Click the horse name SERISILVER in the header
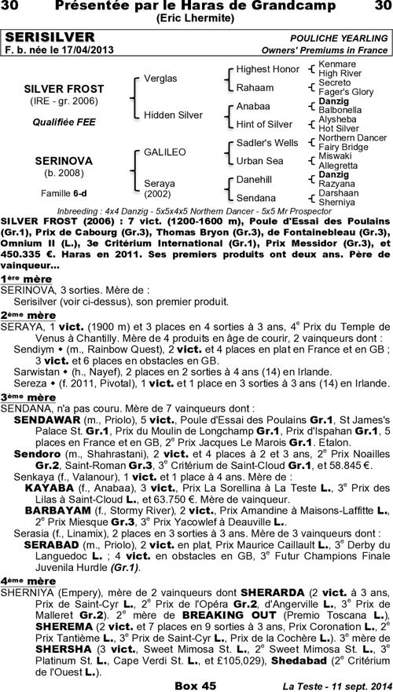point(50,37)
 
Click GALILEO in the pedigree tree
point(164,152)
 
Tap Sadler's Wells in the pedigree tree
point(267,143)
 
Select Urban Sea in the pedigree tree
point(260,161)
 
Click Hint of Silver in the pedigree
point(264,124)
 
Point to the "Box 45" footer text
point(195,685)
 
